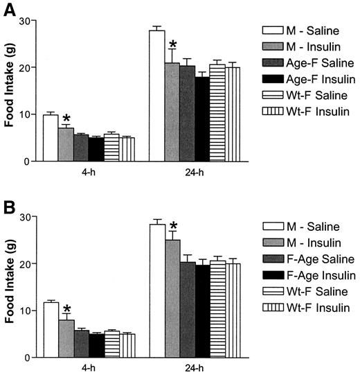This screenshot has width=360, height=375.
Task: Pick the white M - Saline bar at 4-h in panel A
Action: coord(51,138)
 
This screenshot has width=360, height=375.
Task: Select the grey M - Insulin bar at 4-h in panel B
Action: coord(65,339)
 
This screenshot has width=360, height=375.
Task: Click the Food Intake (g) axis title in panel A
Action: coord(10,91)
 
